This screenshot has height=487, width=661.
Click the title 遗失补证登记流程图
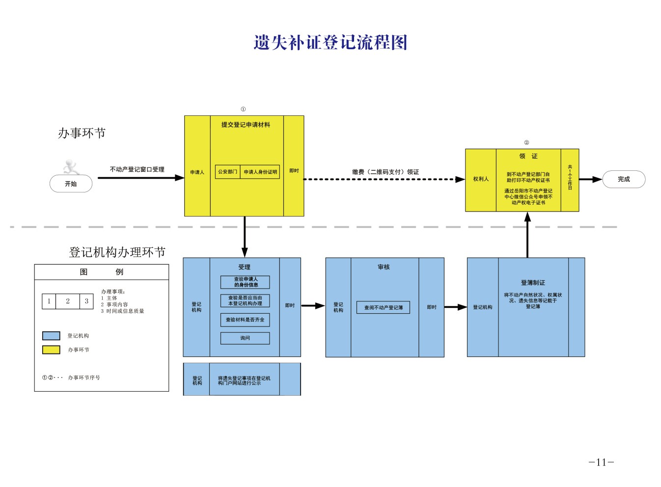pos(330,43)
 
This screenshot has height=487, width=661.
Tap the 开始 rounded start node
pos(71,184)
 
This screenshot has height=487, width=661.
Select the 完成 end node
pos(624,179)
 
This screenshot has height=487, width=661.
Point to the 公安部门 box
pos(227,172)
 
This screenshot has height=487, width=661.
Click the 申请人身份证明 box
pos(260,172)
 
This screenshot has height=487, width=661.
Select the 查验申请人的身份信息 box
pos(245,282)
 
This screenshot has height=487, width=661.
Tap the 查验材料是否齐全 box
pos(245,320)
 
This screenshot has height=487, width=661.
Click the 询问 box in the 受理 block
pos(245,338)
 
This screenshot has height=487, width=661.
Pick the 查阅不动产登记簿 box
pos(383,307)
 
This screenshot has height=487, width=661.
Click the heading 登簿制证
pos(533,283)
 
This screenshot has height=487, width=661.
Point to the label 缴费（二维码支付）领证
pos(386,172)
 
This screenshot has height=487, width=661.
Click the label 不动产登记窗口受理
pos(137,169)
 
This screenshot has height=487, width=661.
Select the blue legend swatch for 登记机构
pos(51,336)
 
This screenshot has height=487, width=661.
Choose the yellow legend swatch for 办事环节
pos(51,350)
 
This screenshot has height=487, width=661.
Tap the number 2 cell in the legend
pos(68,301)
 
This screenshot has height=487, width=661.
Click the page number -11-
pos(601,462)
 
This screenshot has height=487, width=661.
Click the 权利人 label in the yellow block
pos(481,179)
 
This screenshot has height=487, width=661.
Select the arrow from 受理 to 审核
pos(313,306)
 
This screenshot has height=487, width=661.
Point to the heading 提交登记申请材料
pos(246,125)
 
